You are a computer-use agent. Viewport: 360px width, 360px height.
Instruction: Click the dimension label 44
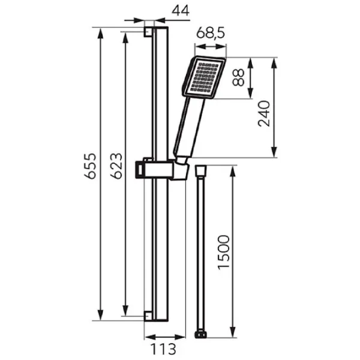tap(181, 11)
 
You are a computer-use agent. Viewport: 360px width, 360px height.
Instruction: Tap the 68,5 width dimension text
tap(211, 32)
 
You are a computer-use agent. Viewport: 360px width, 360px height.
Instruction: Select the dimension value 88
tap(238, 77)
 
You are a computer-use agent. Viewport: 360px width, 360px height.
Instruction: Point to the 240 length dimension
tap(264, 114)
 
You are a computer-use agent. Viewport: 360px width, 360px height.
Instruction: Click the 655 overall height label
tap(90, 166)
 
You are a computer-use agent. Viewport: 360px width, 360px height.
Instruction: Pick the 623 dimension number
tap(116, 166)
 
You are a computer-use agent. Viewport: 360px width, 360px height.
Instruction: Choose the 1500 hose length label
tap(224, 252)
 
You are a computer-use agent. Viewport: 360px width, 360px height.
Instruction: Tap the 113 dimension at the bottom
tap(163, 349)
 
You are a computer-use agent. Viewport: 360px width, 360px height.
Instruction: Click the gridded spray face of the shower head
tap(205, 77)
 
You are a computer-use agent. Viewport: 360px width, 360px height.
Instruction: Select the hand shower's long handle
tap(189, 127)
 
